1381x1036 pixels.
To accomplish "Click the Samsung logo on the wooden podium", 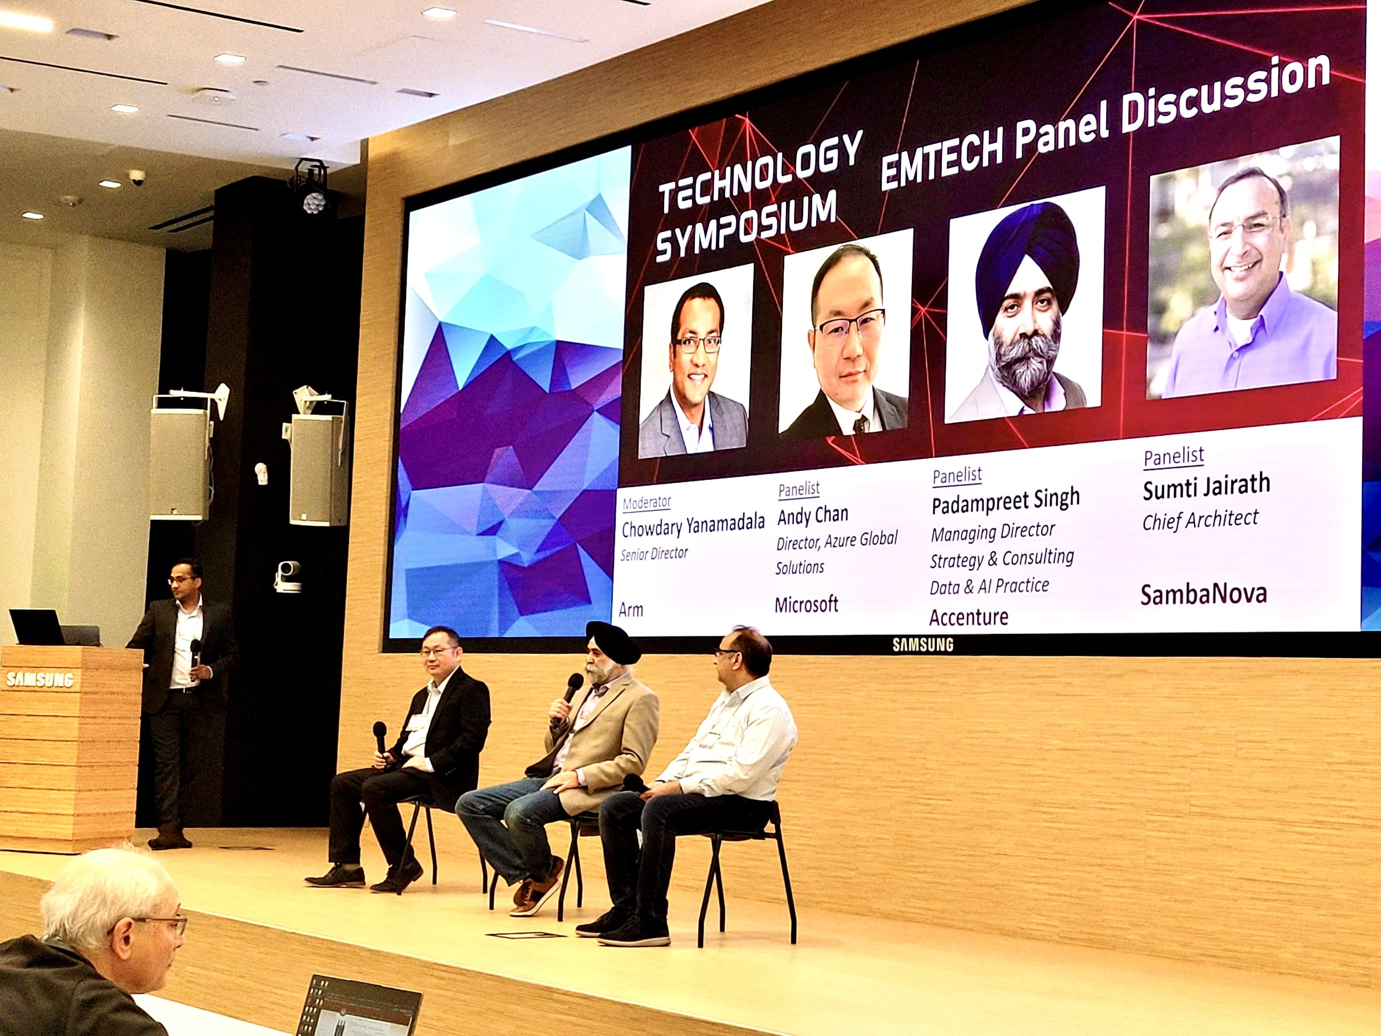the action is pos(39,679).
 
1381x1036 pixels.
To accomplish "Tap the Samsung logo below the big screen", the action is pos(923,644).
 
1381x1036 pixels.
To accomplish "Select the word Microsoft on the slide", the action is pos(806,604).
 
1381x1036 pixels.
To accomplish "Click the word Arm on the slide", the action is pos(631,610).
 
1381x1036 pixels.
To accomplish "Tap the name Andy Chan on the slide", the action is pos(812,516).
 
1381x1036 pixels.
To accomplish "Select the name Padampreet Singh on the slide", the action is pos(1005,500).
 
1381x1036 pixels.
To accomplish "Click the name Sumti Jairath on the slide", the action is pos(1206,487).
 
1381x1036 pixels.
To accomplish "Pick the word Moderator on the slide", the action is pos(647,502).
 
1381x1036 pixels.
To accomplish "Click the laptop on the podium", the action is pos(37,628).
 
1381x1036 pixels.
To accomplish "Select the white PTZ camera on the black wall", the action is pos(289,575).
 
